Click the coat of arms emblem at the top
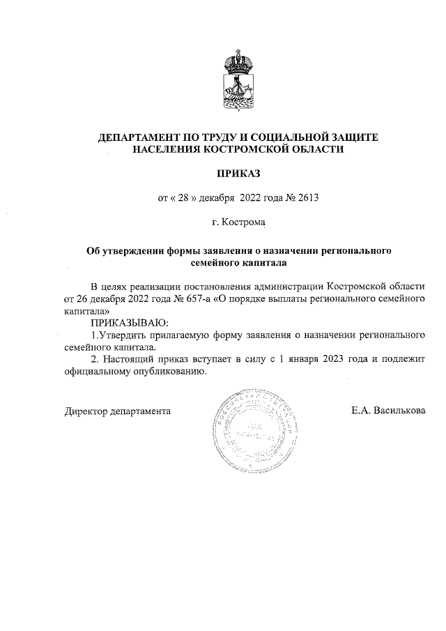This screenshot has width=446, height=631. tap(238, 82)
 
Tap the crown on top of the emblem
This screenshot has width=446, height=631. tap(238, 61)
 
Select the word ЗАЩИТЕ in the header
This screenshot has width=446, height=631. tap(348, 137)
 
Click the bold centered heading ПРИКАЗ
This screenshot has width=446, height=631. tap(240, 172)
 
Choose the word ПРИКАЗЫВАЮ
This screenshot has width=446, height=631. tap(130, 322)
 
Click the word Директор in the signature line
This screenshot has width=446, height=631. tap(86, 411)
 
